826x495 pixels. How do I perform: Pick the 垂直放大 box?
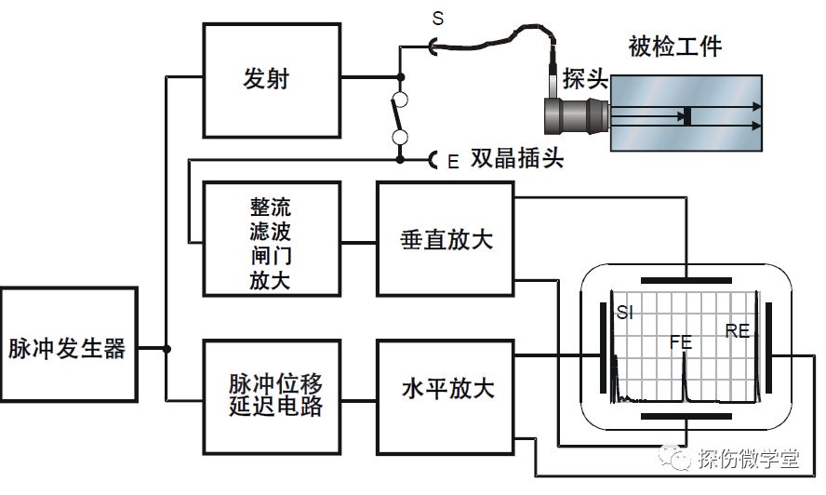tap(446, 238)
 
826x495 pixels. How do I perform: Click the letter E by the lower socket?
tap(453, 162)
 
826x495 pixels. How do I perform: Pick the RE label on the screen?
tap(738, 329)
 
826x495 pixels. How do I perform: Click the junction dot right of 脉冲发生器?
tap(167, 350)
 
